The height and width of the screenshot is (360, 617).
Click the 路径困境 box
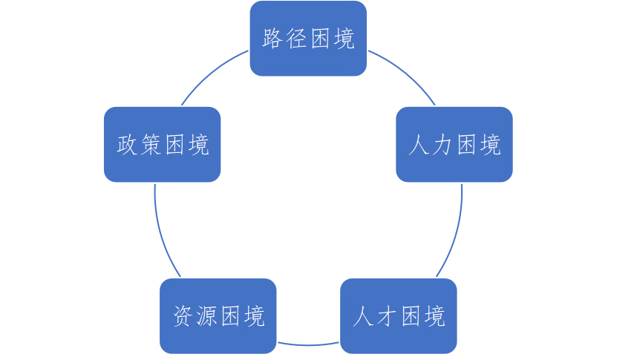[308, 39]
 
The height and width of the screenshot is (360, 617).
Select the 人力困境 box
[454, 145]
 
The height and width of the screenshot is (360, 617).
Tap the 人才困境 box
[399, 316]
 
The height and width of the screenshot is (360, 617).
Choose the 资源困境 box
[218, 316]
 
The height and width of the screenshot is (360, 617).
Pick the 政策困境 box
[162, 145]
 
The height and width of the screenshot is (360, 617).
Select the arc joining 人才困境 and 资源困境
[308, 344]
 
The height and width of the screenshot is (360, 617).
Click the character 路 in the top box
[273, 39]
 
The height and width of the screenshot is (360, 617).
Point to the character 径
[296, 39]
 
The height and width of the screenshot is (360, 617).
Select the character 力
[443, 145]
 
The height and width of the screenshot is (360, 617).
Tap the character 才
[388, 316]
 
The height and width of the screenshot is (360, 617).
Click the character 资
[183, 316]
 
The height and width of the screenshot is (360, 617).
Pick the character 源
[206, 316]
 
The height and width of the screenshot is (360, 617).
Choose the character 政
[128, 145]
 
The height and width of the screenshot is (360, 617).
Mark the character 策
[151, 145]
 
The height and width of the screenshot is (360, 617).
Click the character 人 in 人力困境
[420, 145]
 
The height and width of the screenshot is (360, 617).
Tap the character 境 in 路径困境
[343, 39]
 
